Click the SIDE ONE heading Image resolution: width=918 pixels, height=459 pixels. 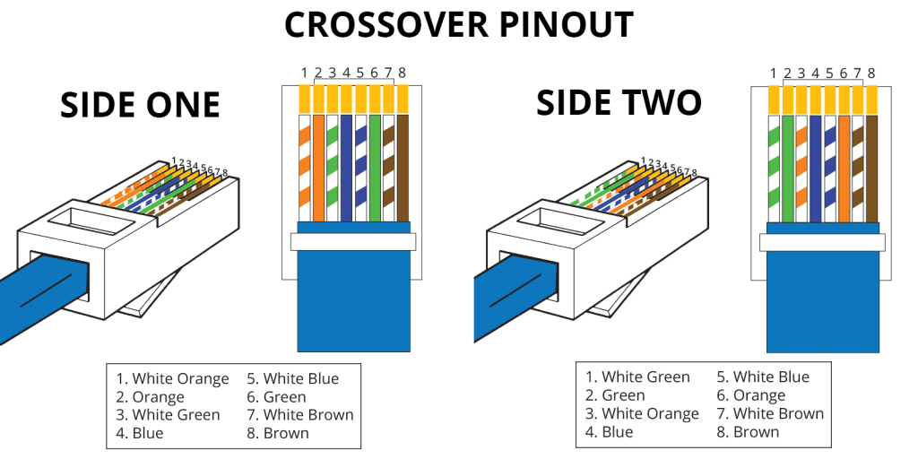pyautogui.click(x=140, y=106)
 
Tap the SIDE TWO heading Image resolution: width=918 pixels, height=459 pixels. pyautogui.click(x=619, y=103)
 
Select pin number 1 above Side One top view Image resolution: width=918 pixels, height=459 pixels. pyautogui.click(x=305, y=72)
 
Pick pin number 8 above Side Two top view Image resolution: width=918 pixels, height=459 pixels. pyautogui.click(x=871, y=73)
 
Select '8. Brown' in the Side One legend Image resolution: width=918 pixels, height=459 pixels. pyautogui.click(x=278, y=433)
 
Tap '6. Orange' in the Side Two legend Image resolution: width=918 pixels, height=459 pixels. pyautogui.click(x=751, y=395)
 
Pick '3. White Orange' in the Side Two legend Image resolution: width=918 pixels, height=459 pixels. pyautogui.click(x=642, y=413)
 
